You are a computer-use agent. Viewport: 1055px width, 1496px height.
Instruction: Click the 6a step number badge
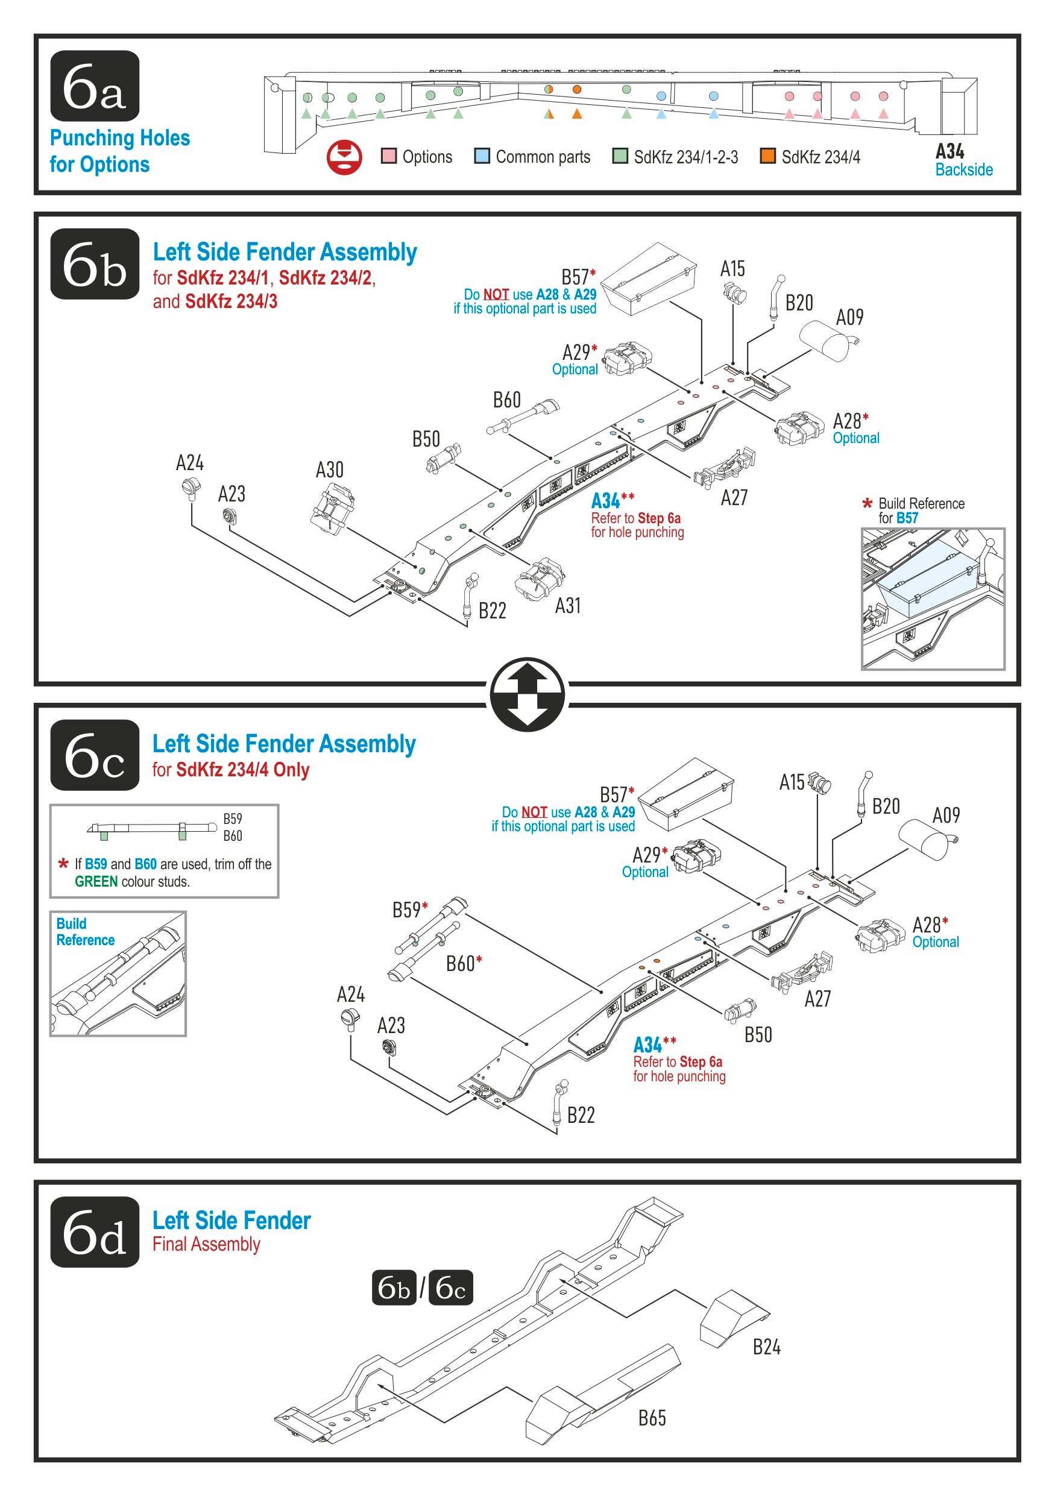coord(95,86)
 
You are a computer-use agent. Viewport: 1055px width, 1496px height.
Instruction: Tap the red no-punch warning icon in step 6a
coord(344,157)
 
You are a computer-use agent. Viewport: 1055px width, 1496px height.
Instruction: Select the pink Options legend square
coord(388,156)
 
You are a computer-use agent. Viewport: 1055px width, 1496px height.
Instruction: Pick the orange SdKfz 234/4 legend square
coord(767,156)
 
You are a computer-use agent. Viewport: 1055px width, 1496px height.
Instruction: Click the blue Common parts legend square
coord(482,156)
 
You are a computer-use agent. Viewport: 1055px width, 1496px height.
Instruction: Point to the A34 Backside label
coord(963,160)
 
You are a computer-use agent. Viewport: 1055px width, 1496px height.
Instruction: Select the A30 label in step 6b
coord(329,470)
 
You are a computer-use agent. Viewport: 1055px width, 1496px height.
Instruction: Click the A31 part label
coord(567,606)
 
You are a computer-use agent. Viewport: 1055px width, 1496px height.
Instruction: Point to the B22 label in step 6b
coord(492,611)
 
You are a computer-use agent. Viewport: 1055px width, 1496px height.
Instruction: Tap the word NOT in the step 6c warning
coord(534,812)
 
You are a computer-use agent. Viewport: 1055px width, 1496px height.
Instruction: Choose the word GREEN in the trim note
coord(96,882)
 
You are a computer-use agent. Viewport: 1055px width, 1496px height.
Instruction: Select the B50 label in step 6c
coord(758,1035)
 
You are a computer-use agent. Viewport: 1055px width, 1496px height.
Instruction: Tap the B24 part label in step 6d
coord(766,1347)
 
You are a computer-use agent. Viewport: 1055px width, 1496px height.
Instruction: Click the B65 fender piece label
coord(652,1418)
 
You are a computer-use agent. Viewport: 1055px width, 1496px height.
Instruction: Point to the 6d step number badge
coord(95,1231)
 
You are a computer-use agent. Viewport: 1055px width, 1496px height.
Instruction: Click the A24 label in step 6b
coord(190,464)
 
